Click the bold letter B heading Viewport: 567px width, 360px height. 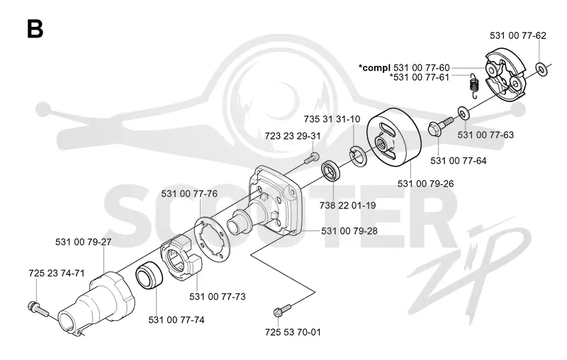[35, 29]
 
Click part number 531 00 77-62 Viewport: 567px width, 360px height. [518, 35]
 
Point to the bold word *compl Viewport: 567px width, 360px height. [375, 67]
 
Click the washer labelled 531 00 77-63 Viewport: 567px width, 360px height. [464, 113]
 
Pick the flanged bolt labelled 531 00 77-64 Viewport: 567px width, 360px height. [439, 125]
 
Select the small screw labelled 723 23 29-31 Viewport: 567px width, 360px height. [312, 158]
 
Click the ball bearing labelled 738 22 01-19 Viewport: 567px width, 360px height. [330, 171]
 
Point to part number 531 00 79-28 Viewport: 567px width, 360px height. [349, 230]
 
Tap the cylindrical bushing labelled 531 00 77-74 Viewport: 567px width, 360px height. [149, 276]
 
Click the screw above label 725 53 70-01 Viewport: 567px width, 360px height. [283, 310]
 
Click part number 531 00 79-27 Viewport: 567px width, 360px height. [83, 242]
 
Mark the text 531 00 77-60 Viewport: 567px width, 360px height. [422, 67]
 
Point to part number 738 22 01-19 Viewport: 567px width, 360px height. [347, 206]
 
